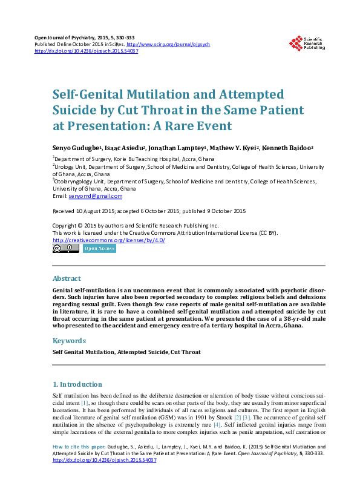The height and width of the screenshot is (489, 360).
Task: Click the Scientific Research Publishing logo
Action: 309,42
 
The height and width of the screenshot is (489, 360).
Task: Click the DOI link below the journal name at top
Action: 87,51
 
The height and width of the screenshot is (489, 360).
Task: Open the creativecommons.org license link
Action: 109,240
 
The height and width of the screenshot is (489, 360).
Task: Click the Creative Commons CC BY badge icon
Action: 65,249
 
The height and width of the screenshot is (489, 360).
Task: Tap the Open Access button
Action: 99,249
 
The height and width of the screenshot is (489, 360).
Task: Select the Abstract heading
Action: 67,278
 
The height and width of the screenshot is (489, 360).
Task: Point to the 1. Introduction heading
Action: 77,384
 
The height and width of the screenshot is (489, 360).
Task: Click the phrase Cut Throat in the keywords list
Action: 186,352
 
